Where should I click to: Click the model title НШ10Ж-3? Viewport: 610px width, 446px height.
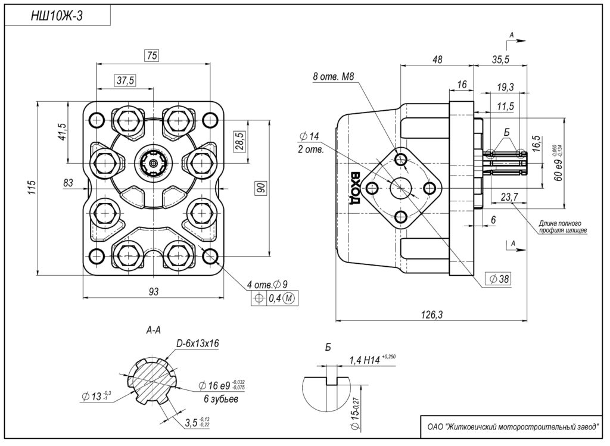(57, 17)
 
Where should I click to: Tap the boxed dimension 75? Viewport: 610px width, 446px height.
(152, 56)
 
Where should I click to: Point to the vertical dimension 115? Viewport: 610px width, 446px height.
(32, 188)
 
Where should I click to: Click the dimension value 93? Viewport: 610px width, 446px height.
(153, 291)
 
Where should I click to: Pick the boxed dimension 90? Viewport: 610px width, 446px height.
(260, 188)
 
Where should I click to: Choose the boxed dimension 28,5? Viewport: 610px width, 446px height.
(239, 142)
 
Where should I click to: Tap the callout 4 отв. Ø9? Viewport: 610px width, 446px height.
(267, 283)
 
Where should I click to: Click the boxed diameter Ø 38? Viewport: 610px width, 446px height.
(499, 279)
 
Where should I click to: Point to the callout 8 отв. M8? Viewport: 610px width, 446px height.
(334, 76)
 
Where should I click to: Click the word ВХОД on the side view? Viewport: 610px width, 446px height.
(356, 188)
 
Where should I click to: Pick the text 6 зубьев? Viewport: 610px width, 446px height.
(220, 400)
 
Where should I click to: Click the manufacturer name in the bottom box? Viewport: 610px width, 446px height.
(512, 426)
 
